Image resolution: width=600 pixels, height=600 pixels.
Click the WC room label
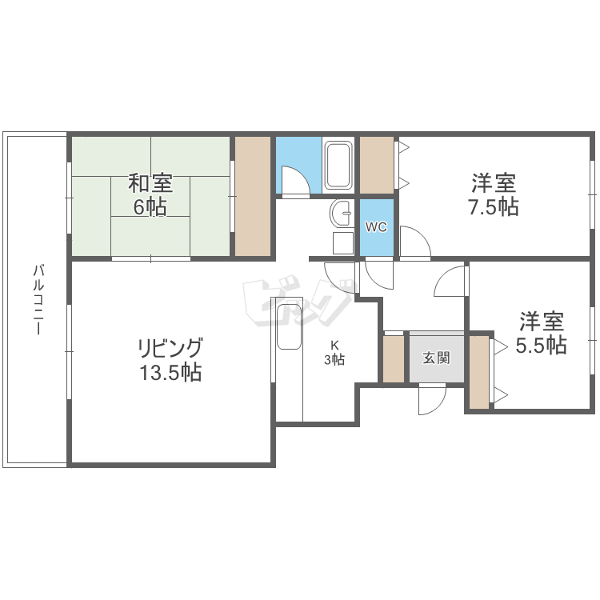pyautogui.click(x=376, y=227)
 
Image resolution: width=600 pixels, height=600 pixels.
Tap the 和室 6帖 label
pyautogui.click(x=150, y=194)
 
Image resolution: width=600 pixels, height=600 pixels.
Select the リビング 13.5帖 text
pyautogui.click(x=170, y=360)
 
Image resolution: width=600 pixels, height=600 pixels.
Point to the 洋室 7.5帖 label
pyautogui.click(x=494, y=194)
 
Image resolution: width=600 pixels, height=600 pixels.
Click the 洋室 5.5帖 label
pyautogui.click(x=541, y=333)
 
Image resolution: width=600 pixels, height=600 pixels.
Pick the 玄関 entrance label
pyautogui.click(x=436, y=358)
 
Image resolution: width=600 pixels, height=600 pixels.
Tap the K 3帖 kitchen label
pyautogui.click(x=334, y=353)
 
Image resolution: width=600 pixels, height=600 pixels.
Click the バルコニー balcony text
pyautogui.click(x=38, y=300)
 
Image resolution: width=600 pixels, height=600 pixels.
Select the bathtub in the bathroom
pyautogui.click(x=338, y=166)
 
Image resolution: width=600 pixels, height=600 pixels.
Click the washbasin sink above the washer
pyautogui.click(x=341, y=214)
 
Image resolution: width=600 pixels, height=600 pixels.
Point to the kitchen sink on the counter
pyautogui.click(x=289, y=327)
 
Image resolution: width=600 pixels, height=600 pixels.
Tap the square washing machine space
pyautogui.click(x=343, y=243)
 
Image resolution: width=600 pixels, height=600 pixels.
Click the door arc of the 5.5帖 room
pyautogui.click(x=446, y=274)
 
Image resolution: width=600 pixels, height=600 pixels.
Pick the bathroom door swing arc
pyautogui.click(x=298, y=172)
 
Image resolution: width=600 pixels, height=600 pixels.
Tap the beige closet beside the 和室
pyautogui.click(x=253, y=196)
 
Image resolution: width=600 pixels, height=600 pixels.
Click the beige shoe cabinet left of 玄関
pyautogui.click(x=394, y=358)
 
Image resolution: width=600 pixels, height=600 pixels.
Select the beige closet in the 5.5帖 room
pyautogui.click(x=479, y=372)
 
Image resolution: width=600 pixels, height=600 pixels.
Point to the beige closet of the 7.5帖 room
pyautogui.click(x=377, y=165)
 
